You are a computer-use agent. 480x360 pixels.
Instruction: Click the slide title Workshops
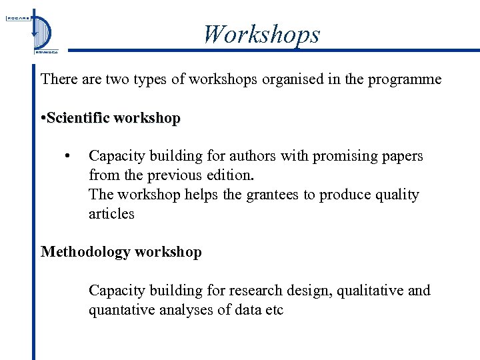tap(261, 34)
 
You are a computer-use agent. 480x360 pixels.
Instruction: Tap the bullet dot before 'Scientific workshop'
tap(43, 118)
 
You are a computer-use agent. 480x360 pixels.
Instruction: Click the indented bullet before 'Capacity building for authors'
tap(67, 156)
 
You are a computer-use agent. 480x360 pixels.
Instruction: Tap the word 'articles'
tap(111, 214)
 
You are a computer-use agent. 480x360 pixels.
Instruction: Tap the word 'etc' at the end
tap(273, 310)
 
